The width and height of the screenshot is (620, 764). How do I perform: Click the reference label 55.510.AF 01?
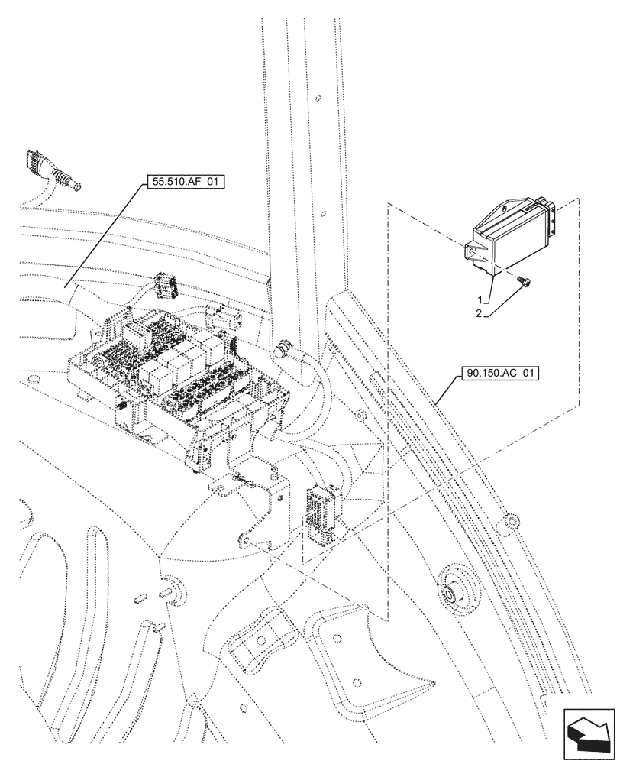point(183,183)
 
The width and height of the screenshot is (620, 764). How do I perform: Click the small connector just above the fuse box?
point(163,286)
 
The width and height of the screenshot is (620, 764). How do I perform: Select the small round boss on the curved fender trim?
point(511,523)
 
